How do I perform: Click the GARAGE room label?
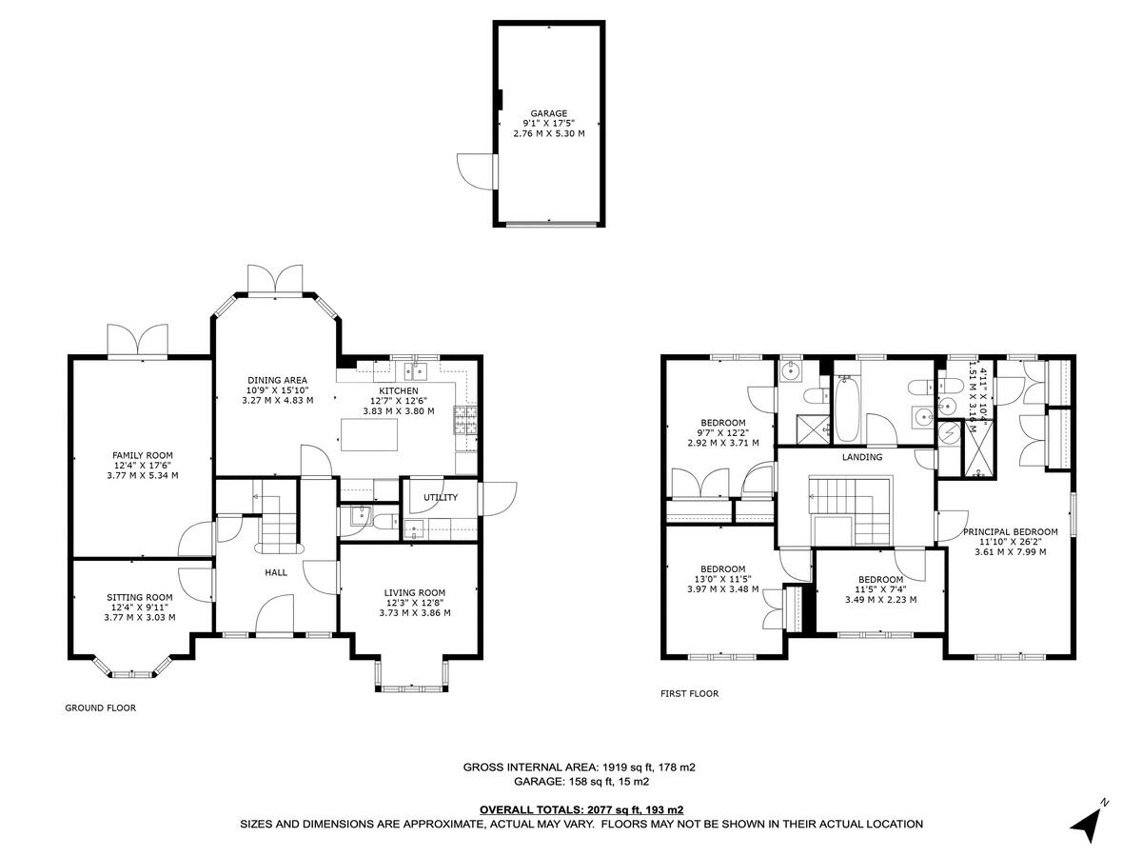click(548, 113)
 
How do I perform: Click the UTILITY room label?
click(441, 497)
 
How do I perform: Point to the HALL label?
click(276, 572)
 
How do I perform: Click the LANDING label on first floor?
click(862, 457)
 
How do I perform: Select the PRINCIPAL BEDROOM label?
click(1010, 532)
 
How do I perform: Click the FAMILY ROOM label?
click(143, 455)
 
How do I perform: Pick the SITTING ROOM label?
click(140, 597)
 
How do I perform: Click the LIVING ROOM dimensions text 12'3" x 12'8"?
click(415, 603)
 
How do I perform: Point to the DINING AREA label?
click(277, 380)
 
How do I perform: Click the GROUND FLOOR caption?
click(100, 708)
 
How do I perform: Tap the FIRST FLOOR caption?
click(690, 694)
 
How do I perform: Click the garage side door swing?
click(473, 171)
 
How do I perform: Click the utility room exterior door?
click(497, 497)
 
